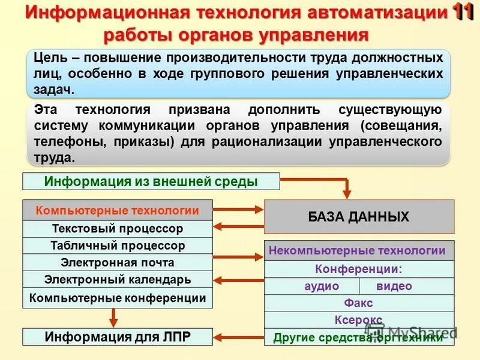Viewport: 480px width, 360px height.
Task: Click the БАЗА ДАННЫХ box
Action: click(359, 217)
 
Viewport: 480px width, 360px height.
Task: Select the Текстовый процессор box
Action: click(118, 229)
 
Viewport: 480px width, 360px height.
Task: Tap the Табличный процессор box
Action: click(118, 245)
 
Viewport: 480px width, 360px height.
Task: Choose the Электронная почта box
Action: click(118, 262)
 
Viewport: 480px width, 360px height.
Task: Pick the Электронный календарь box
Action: click(118, 280)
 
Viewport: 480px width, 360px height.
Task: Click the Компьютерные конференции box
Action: click(118, 298)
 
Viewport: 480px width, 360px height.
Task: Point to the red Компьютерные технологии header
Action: click(118, 211)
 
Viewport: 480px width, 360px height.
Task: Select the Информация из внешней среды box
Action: click(151, 181)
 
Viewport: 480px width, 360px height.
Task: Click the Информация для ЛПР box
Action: click(118, 337)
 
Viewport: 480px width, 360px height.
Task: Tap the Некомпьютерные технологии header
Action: click(359, 251)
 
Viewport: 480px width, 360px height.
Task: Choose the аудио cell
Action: click(312, 286)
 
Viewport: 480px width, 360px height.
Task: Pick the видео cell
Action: click(407, 286)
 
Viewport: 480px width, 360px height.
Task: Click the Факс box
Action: click(359, 303)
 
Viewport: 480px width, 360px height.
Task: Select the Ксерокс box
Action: click(359, 320)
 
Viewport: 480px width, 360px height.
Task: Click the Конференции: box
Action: click(359, 269)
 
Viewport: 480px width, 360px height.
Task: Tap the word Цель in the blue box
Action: click(46, 58)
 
